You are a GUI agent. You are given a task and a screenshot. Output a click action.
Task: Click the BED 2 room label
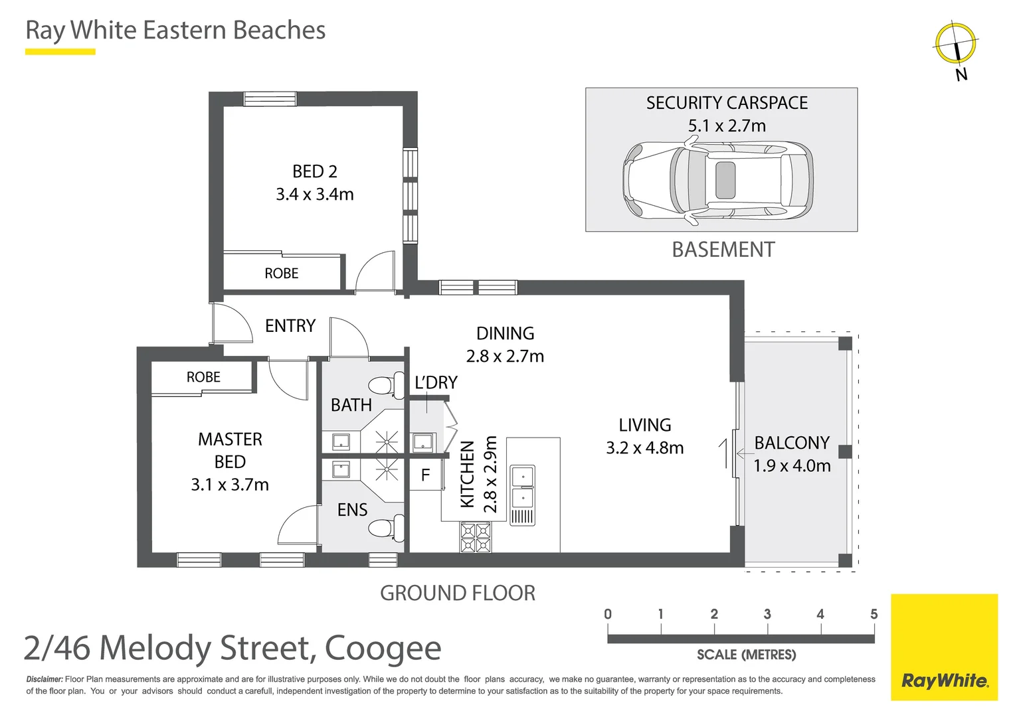tap(314, 171)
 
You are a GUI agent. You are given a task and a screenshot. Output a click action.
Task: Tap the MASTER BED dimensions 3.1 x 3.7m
tap(230, 485)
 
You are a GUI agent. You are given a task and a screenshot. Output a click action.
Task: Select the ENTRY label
tap(290, 326)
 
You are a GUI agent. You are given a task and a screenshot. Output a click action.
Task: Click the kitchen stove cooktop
tap(476, 538)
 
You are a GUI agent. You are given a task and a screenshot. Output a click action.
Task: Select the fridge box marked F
tap(425, 475)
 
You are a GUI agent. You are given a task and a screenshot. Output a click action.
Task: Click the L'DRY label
tap(436, 383)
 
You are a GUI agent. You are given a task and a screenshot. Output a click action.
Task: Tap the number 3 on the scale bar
tap(767, 614)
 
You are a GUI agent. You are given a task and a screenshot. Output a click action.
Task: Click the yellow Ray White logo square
tap(944, 647)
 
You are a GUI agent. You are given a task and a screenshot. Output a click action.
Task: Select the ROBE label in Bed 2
tap(281, 274)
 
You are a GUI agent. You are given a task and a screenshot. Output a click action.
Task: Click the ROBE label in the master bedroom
tap(203, 377)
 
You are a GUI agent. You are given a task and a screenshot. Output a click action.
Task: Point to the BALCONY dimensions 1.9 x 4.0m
tap(792, 466)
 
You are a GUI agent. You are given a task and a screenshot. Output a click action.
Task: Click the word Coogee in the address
tap(383, 649)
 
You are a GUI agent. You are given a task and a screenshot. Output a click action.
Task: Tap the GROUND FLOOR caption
tap(457, 593)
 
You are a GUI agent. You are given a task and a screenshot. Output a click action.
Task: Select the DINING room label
tap(505, 333)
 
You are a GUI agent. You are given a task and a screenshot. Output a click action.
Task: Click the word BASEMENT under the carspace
tap(723, 250)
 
